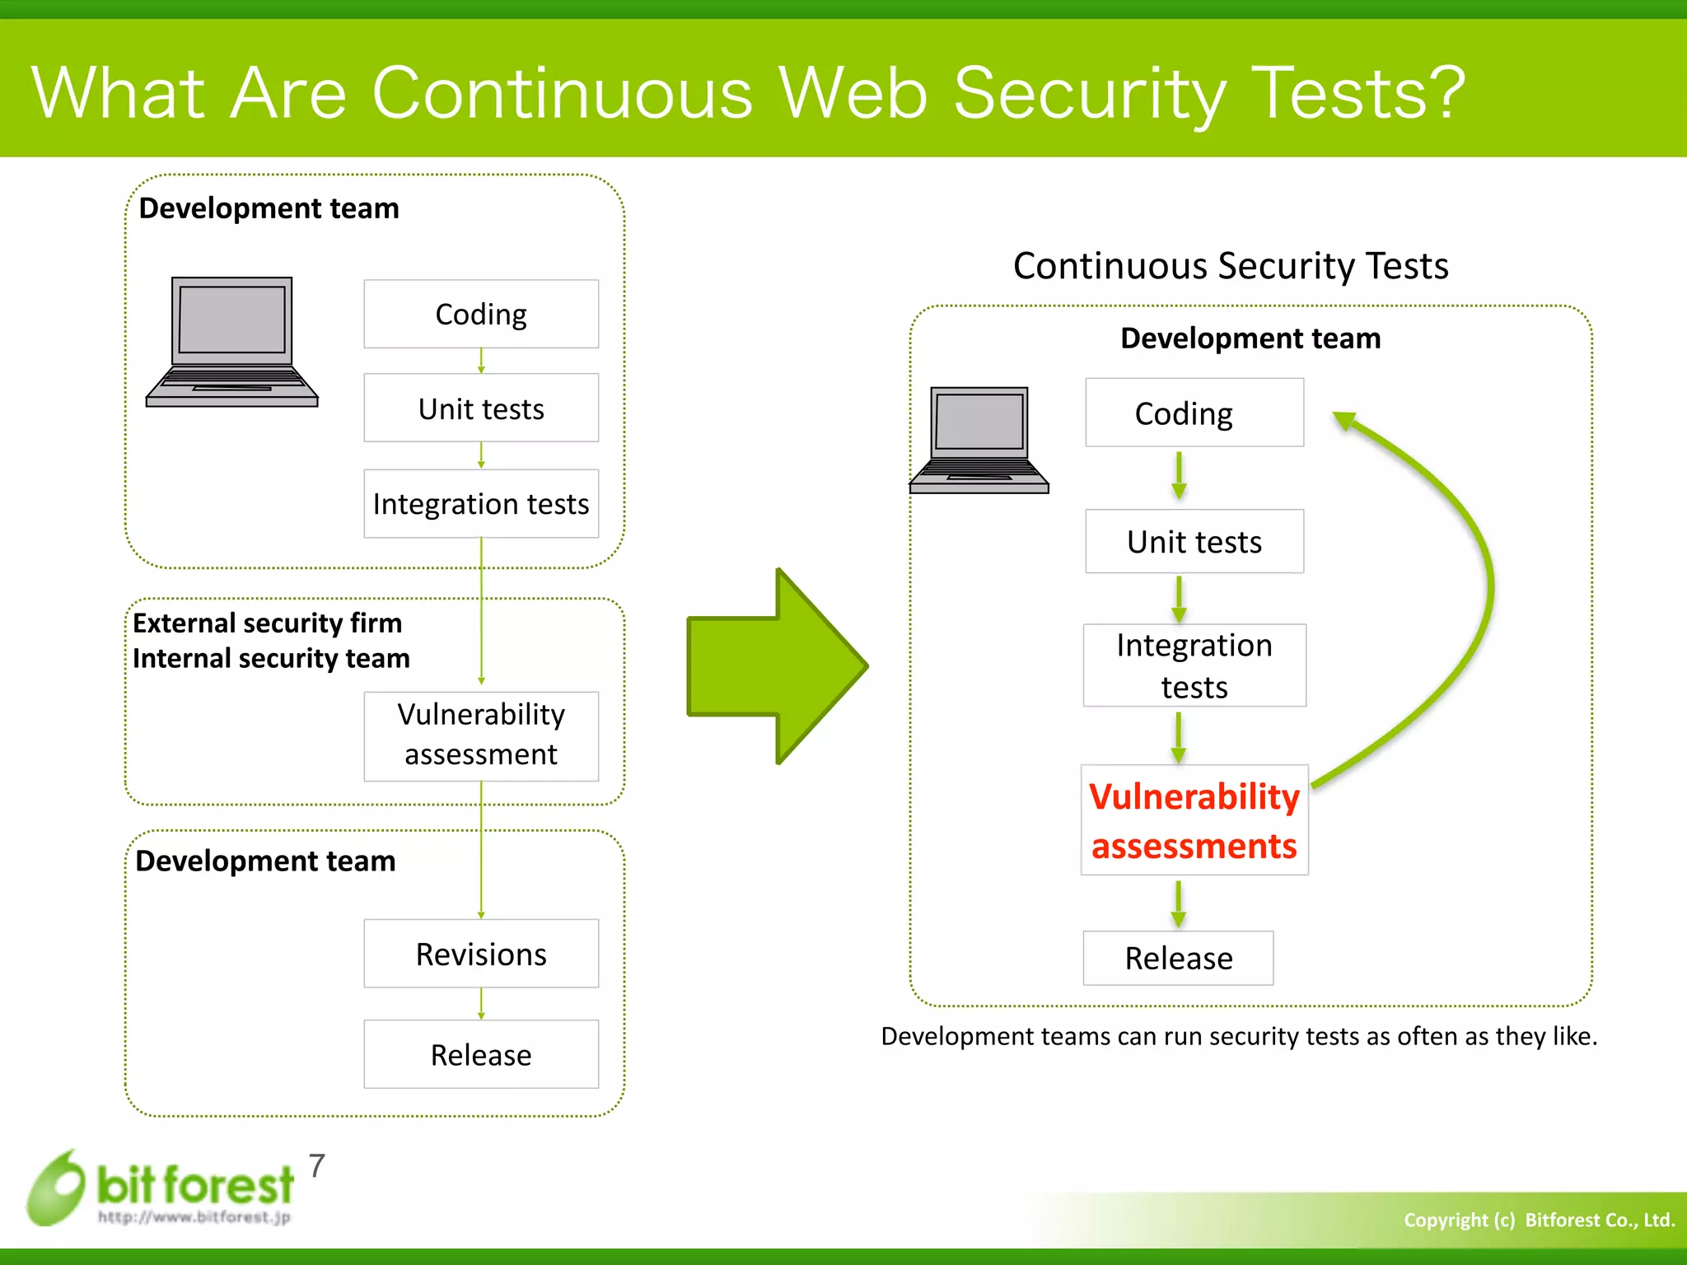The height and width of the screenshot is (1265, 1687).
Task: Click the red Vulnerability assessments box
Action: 1194,820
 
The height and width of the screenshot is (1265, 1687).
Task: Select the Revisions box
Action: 481,954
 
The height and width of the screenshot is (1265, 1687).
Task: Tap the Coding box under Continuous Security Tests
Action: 1194,413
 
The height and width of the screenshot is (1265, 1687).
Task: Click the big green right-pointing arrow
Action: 777,665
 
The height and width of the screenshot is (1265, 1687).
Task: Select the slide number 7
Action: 317,1166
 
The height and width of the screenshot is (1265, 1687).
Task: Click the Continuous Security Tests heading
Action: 1230,266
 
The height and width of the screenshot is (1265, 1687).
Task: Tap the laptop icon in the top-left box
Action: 231,342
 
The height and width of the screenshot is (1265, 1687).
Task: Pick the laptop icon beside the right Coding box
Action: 979,441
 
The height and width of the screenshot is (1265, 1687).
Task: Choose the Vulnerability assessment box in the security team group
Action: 481,735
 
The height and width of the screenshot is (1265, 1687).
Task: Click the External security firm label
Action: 267,623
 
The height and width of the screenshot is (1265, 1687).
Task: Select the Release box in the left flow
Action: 481,1054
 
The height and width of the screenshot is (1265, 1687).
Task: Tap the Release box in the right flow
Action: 1178,958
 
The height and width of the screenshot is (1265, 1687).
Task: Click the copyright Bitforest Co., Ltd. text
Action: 1538,1220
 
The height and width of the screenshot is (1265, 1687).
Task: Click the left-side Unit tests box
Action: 481,408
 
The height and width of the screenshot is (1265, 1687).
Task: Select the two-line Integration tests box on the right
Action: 1194,665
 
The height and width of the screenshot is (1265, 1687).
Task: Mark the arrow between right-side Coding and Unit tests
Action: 1179,476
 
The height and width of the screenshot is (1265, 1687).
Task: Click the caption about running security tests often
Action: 1238,1036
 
